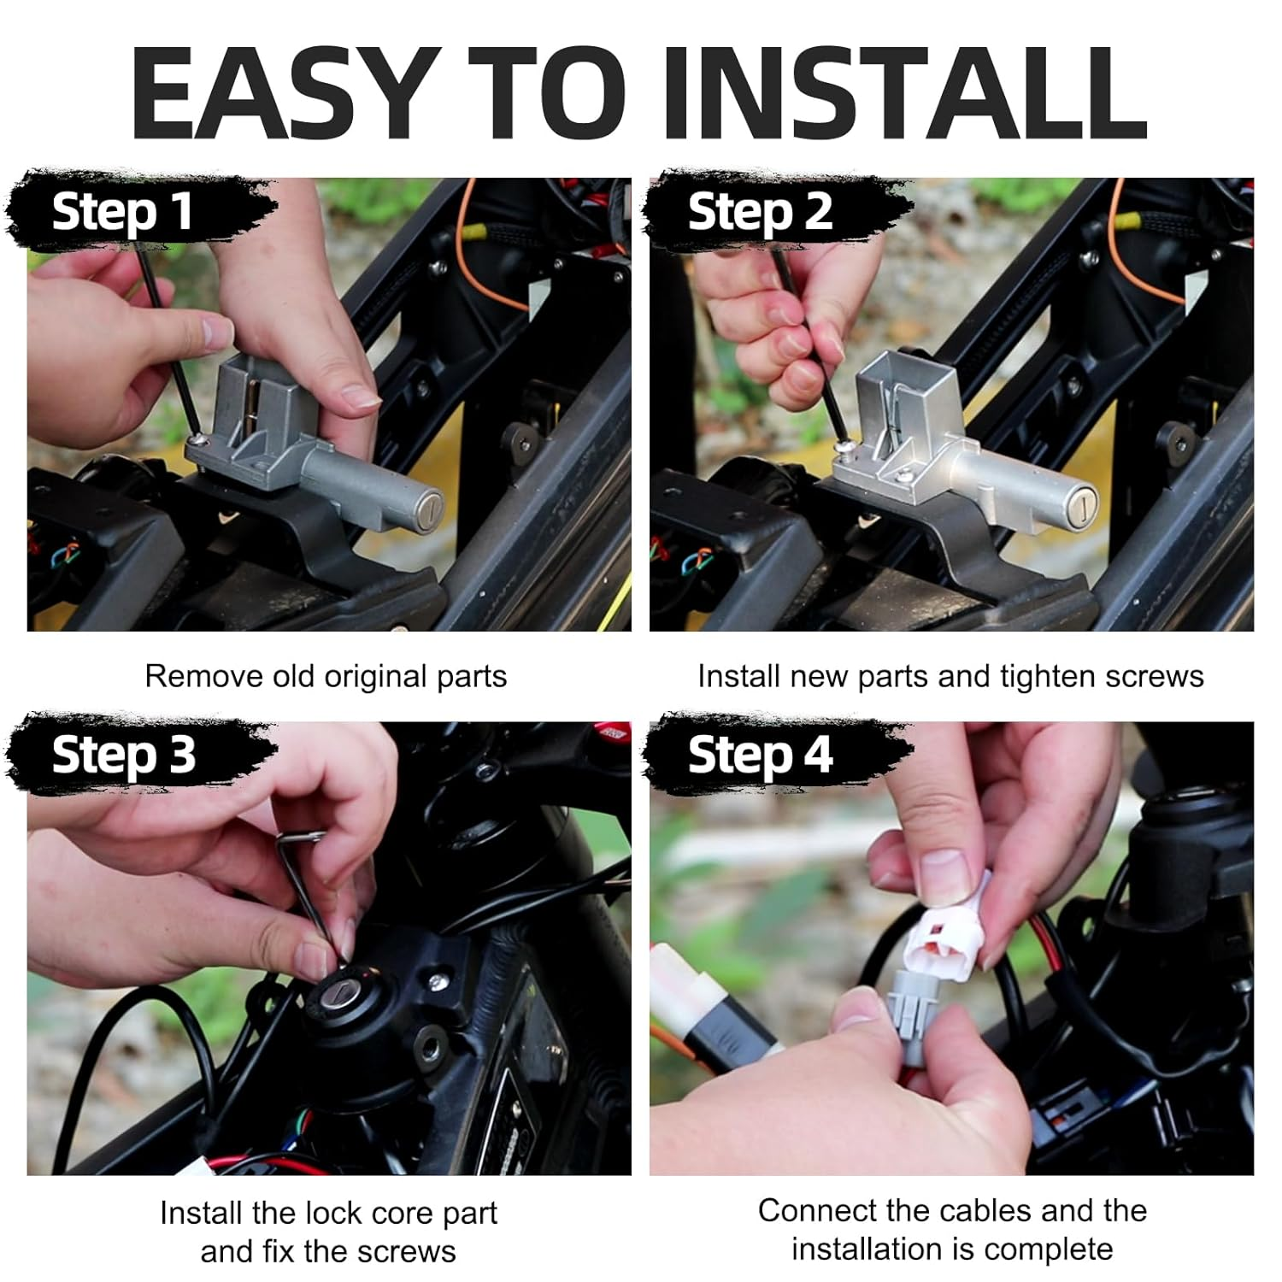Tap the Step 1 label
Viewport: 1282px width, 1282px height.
pyautogui.click(x=122, y=212)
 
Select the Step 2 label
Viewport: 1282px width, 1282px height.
pyautogui.click(x=759, y=212)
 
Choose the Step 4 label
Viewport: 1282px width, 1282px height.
pyautogui.click(x=759, y=756)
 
